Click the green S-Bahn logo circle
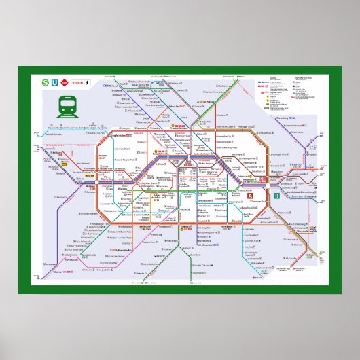tap(46, 84)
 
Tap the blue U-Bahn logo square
tap(55, 84)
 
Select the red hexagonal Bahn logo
tap(65, 84)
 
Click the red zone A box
tap(250, 198)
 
